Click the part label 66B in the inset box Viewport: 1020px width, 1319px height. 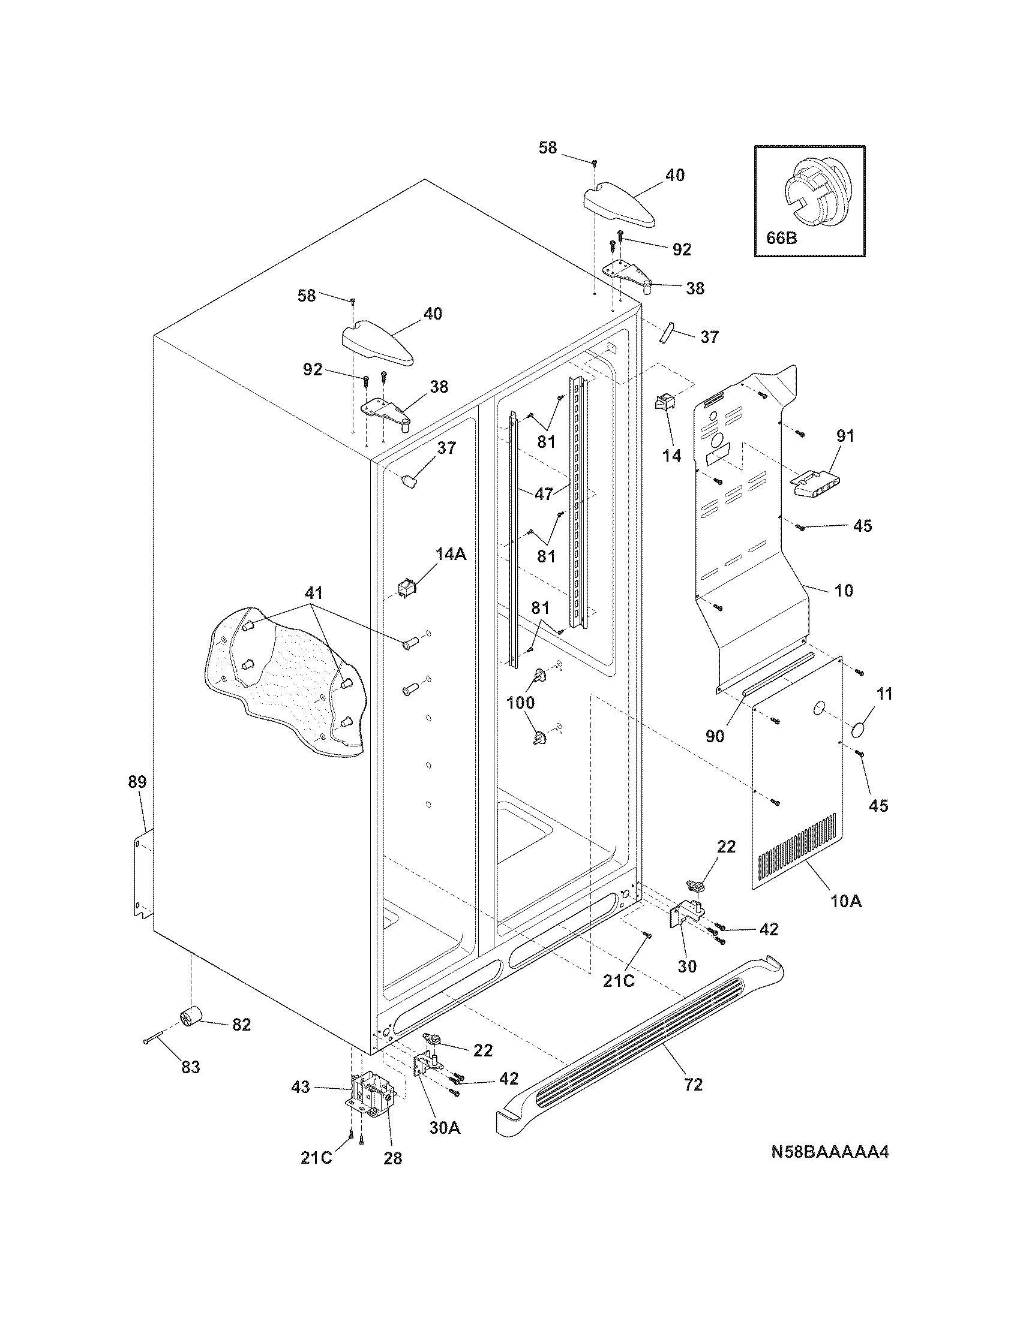[781, 238]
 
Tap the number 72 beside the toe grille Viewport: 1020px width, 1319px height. [694, 1085]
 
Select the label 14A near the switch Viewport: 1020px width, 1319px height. [451, 554]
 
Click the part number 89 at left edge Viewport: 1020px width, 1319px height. [137, 782]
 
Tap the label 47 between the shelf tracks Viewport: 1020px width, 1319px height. [544, 493]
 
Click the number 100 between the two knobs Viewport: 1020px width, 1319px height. [520, 703]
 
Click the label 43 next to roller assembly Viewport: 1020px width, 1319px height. [301, 1088]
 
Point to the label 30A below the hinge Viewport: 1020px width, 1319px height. [444, 1127]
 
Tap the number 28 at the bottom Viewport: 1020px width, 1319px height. [393, 1158]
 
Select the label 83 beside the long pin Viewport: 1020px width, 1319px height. [190, 1067]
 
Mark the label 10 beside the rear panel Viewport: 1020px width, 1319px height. [844, 590]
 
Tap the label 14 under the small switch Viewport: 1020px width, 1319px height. [671, 456]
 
